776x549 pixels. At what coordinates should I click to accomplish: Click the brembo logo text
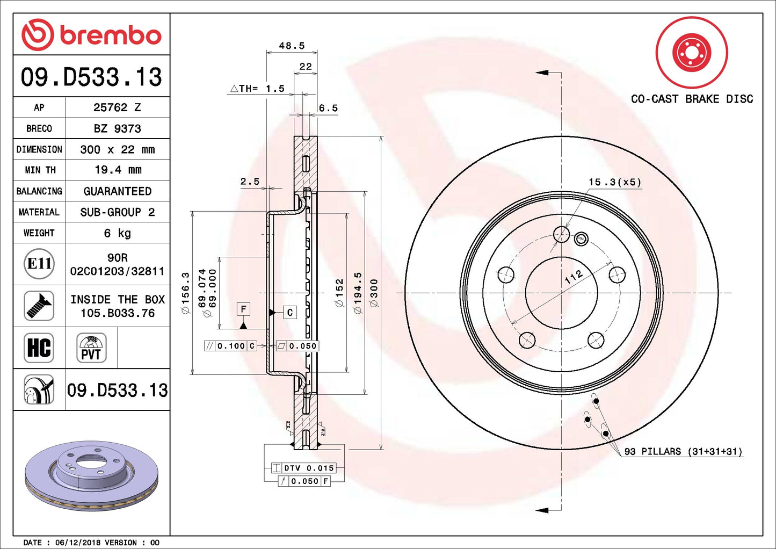tap(110, 35)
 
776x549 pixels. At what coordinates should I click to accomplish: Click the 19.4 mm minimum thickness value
tap(118, 170)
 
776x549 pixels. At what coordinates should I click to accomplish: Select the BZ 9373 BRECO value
tap(117, 128)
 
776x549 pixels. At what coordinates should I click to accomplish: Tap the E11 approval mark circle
tap(39, 264)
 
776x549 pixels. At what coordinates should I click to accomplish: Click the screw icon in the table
tap(39, 306)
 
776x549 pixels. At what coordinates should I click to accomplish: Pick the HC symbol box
tap(39, 348)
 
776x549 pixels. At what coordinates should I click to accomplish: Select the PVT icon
tap(91, 348)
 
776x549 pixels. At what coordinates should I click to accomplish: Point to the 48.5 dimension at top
tap(292, 46)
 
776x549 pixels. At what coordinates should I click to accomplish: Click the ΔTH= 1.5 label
tap(257, 89)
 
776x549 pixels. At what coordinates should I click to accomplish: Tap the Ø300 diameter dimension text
tap(374, 293)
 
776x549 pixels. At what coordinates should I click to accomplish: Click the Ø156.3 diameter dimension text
tap(186, 293)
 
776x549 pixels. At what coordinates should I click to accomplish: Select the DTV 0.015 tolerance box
tap(304, 468)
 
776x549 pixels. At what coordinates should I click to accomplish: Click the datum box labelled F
tap(243, 309)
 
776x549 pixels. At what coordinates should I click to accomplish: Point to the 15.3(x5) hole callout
tap(615, 182)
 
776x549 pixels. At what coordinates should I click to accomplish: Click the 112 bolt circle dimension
tap(574, 277)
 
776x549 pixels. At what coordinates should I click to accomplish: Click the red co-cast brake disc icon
tap(692, 53)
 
